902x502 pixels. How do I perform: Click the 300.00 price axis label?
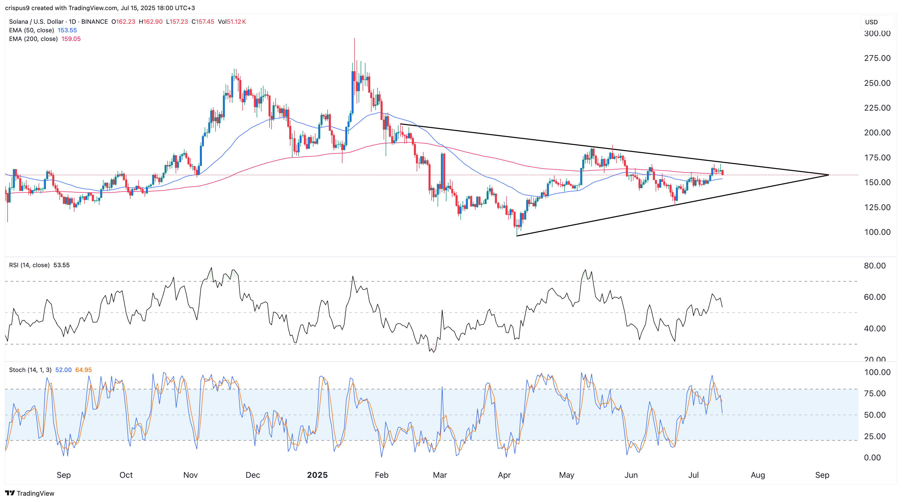877,34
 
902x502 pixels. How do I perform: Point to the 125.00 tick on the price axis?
877,207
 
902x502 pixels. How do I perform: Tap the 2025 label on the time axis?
317,475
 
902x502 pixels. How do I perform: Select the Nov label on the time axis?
191,475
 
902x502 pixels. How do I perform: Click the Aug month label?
758,475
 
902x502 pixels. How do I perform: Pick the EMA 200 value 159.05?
71,39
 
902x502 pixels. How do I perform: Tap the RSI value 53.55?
62,265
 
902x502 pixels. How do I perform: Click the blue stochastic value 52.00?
63,370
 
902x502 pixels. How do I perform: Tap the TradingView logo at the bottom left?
30,493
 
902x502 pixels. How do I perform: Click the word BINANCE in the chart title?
95,22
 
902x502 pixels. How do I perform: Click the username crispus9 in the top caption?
17,8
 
